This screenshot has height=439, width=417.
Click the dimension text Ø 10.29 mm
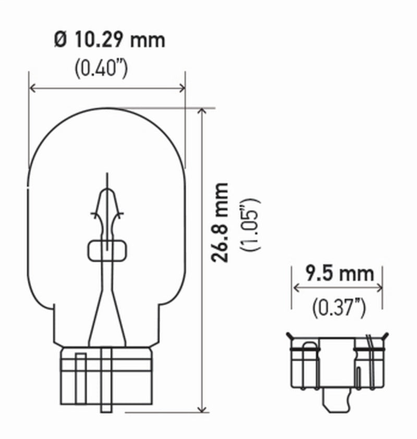pos(109,40)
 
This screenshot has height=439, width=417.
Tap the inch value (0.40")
pos(101,69)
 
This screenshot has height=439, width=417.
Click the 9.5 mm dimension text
pos(339,273)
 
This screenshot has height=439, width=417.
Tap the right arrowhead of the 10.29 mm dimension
pos(182,87)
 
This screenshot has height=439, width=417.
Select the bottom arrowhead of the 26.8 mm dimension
pos(201,409)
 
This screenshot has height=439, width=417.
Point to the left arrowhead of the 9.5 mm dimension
pos(296,287)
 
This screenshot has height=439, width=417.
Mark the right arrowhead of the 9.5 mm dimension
pos(380,287)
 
